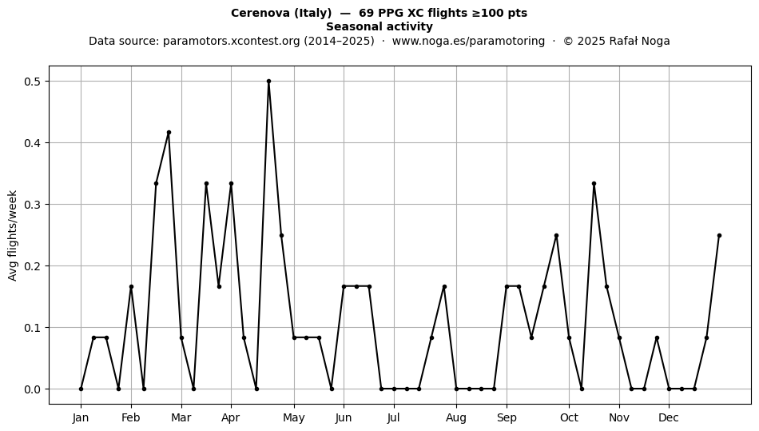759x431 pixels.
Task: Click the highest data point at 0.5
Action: pyautogui.click(x=268, y=82)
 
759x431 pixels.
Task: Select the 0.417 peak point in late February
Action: pyautogui.click(x=169, y=133)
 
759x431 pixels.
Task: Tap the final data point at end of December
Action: pyautogui.click(x=719, y=235)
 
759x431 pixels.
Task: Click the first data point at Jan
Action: pyautogui.click(x=81, y=389)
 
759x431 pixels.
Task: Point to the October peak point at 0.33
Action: pyautogui.click(x=594, y=184)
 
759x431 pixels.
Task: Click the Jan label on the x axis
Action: pyautogui.click(x=81, y=417)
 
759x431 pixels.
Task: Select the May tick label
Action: pyautogui.click(x=294, y=418)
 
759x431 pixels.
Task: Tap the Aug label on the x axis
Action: pyautogui.click(x=456, y=418)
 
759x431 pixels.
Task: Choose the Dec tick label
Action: pyautogui.click(x=669, y=417)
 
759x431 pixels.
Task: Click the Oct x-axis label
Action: pyautogui.click(x=569, y=417)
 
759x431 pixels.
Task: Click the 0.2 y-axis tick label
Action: pyautogui.click(x=34, y=265)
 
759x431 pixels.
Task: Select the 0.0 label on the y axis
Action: pyautogui.click(x=34, y=389)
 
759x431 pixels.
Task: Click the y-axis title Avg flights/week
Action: pyautogui.click(x=13, y=235)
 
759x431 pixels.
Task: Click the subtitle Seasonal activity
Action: pyautogui.click(x=379, y=26)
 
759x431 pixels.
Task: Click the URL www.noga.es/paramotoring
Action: pyautogui.click(x=468, y=41)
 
